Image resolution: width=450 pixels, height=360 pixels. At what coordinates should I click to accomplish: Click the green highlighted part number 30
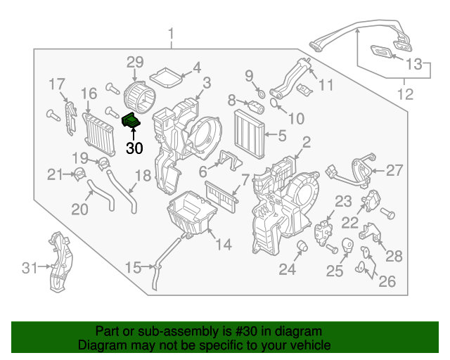131,122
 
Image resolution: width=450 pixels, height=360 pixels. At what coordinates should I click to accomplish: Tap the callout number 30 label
134,148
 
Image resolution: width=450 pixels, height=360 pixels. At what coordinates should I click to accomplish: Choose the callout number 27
394,169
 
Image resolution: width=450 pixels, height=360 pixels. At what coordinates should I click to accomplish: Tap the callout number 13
416,65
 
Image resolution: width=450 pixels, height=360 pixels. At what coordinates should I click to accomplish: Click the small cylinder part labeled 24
303,245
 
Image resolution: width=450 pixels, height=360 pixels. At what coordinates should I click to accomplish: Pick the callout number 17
57,84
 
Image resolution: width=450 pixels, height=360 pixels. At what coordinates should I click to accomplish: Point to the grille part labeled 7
221,193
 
